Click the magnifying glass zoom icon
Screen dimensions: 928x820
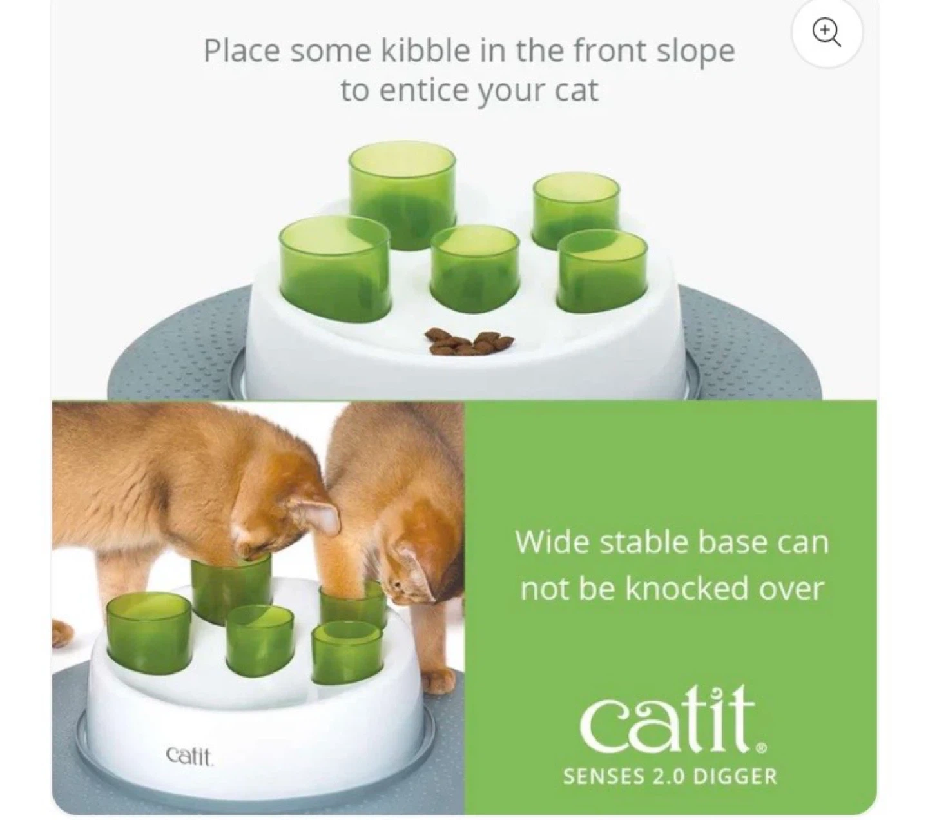click(x=826, y=32)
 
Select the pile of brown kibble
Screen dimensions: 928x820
click(x=470, y=342)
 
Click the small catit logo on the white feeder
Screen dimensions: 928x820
click(x=189, y=756)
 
